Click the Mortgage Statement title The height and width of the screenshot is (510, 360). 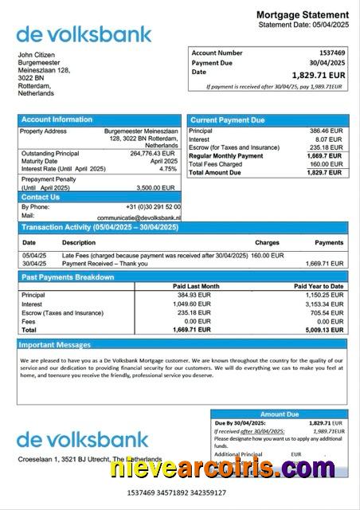302,15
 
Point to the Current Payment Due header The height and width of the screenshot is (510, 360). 227,120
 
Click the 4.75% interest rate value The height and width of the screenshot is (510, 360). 168,169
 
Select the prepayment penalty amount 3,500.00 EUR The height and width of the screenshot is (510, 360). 158,188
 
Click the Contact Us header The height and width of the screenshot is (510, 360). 41,197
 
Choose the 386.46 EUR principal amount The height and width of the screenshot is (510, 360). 326,130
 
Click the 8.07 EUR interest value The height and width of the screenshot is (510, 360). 330,139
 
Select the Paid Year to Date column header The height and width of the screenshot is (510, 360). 319,286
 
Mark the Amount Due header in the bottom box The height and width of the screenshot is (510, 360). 280,414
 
